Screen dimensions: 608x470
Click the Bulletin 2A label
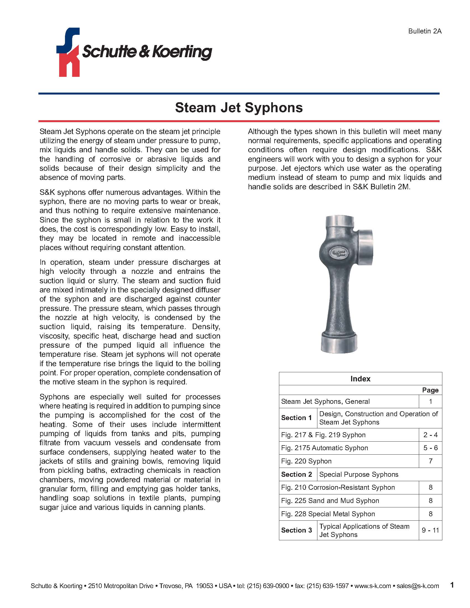(x=425, y=31)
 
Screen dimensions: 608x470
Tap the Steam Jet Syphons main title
(x=239, y=108)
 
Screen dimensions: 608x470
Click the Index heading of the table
(x=360, y=379)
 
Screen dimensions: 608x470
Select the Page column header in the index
(x=430, y=390)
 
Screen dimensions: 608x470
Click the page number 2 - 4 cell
(x=430, y=434)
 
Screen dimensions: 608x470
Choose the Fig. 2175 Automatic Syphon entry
(x=324, y=448)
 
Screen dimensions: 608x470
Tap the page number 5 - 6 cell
(x=430, y=448)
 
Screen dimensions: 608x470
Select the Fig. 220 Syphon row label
(x=306, y=461)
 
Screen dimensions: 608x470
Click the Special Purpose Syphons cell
(x=359, y=474)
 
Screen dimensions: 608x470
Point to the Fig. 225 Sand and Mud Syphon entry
(x=330, y=500)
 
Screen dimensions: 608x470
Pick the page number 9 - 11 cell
(x=430, y=530)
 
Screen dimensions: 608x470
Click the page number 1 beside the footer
(x=452, y=585)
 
